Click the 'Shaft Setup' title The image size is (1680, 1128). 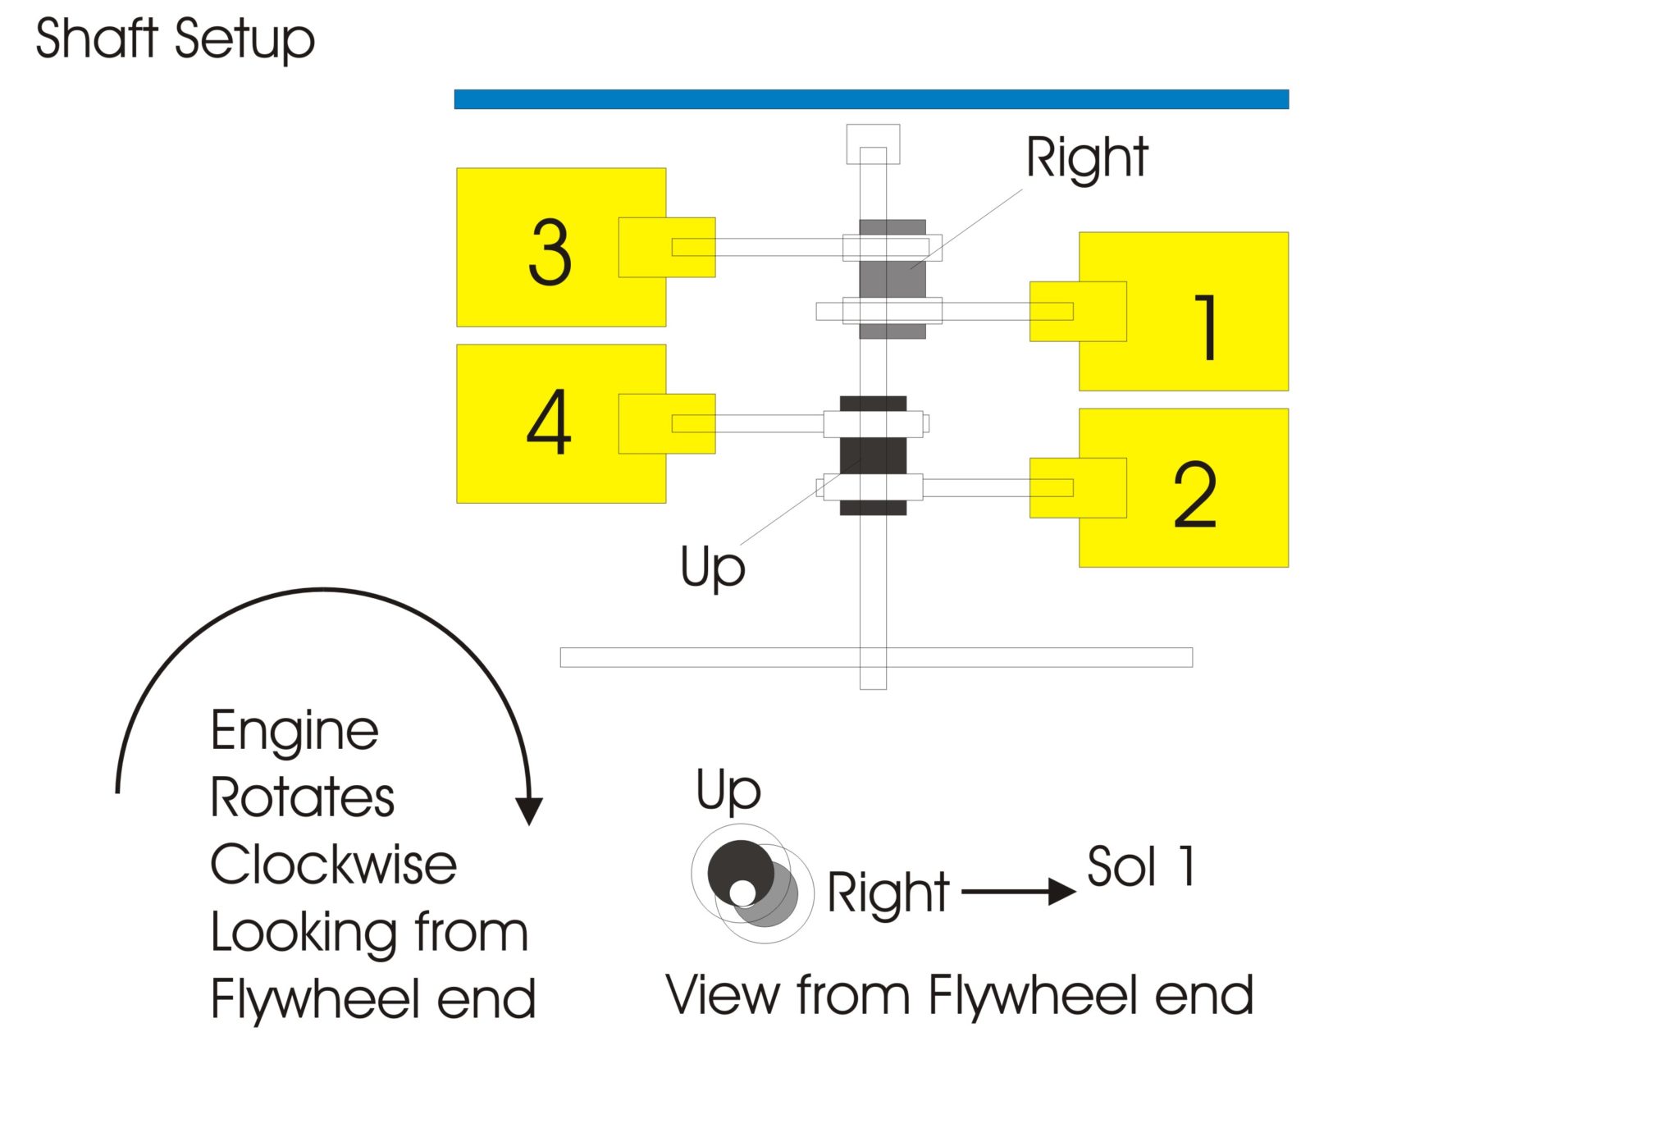175,39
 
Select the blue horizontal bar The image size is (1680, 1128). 871,99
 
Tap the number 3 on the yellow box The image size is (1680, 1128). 550,253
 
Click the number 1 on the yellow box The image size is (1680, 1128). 1205,327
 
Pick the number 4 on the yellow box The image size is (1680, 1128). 549,422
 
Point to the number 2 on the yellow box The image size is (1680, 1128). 1195,494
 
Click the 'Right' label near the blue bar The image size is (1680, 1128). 1087,158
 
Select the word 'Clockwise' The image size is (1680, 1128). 333,865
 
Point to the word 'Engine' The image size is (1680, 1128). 294,731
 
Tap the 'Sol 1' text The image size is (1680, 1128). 1141,866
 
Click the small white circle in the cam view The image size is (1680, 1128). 743,893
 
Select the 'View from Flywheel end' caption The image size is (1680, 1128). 959,996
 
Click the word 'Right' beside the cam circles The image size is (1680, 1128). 888,893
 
